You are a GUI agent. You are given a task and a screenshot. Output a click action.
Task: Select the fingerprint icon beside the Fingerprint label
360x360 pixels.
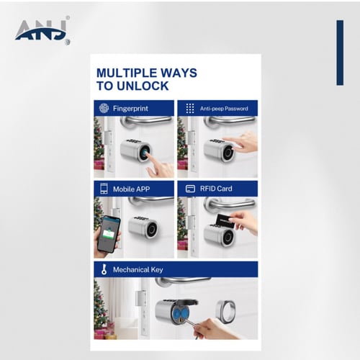(104, 108)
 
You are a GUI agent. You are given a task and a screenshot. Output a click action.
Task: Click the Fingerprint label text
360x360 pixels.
(130, 109)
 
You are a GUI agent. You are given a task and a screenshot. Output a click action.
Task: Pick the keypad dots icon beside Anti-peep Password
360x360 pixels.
(190, 109)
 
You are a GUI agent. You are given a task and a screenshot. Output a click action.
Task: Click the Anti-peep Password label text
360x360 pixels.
(224, 109)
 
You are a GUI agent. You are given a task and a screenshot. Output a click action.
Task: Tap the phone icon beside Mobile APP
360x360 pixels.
(104, 189)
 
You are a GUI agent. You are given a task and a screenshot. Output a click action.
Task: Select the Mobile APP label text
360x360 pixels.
(132, 189)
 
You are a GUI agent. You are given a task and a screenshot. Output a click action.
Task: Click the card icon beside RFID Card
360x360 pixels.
(190, 189)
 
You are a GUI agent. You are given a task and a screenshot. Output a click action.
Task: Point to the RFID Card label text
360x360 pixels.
(216, 189)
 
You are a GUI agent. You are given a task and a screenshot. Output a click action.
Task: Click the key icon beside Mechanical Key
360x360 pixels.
(104, 269)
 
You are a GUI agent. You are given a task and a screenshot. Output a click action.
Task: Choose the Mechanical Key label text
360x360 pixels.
(138, 269)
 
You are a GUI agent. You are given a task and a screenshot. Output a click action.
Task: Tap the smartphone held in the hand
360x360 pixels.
(109, 234)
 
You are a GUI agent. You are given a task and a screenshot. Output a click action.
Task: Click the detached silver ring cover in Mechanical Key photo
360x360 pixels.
(225, 310)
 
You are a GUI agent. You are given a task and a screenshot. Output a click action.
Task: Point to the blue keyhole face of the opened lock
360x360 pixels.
(180, 314)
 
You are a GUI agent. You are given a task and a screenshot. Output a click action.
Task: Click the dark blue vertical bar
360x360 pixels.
(340, 53)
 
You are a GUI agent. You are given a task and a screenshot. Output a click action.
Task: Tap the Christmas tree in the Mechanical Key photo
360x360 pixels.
(100, 307)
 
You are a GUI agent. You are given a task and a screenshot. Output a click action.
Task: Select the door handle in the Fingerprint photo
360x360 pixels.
(146, 121)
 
